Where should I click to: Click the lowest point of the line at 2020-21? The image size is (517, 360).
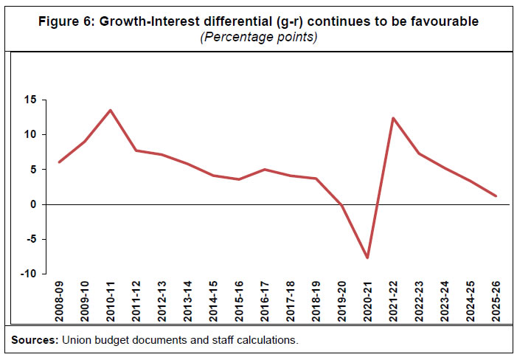click(367, 257)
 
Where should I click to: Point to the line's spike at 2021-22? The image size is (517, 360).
click(392, 118)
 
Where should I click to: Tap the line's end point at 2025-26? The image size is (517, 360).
click(495, 196)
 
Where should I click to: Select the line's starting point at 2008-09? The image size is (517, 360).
click(59, 162)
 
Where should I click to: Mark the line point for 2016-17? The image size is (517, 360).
click(264, 170)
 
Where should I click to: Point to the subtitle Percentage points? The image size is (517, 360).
click(259, 38)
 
